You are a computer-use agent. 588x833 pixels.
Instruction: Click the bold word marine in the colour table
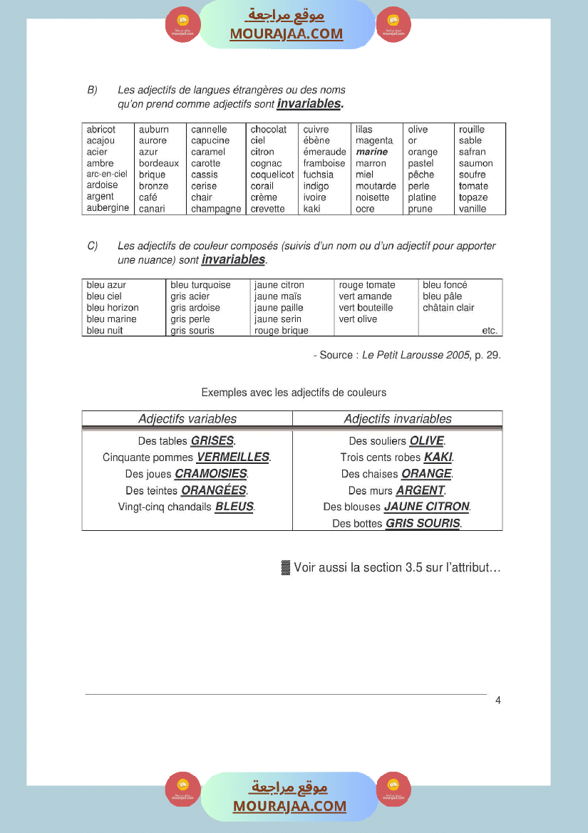(372, 152)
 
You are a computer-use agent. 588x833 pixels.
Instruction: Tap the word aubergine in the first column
(108, 208)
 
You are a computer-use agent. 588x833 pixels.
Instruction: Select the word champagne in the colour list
(216, 209)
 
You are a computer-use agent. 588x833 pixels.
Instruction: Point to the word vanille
(473, 209)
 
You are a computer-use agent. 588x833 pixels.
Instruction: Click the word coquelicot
(272, 175)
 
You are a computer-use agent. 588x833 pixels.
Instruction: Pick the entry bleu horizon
(113, 308)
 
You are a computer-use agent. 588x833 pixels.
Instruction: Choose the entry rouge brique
(282, 331)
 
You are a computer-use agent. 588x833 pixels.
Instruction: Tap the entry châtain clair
(448, 308)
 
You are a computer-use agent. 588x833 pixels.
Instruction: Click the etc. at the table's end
(490, 331)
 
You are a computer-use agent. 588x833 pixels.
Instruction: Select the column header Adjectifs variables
(187, 419)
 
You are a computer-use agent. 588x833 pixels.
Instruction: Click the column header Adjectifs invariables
(398, 419)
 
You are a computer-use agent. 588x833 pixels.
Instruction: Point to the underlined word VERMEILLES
(233, 457)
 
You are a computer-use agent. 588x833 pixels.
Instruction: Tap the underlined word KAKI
(438, 457)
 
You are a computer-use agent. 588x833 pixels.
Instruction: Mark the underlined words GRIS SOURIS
(423, 524)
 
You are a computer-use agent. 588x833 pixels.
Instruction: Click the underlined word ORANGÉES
(214, 491)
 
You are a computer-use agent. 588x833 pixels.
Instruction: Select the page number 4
(498, 700)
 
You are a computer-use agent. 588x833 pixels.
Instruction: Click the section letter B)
(92, 90)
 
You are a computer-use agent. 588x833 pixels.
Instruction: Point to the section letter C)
(92, 246)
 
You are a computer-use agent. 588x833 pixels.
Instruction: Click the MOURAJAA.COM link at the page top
(287, 33)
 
